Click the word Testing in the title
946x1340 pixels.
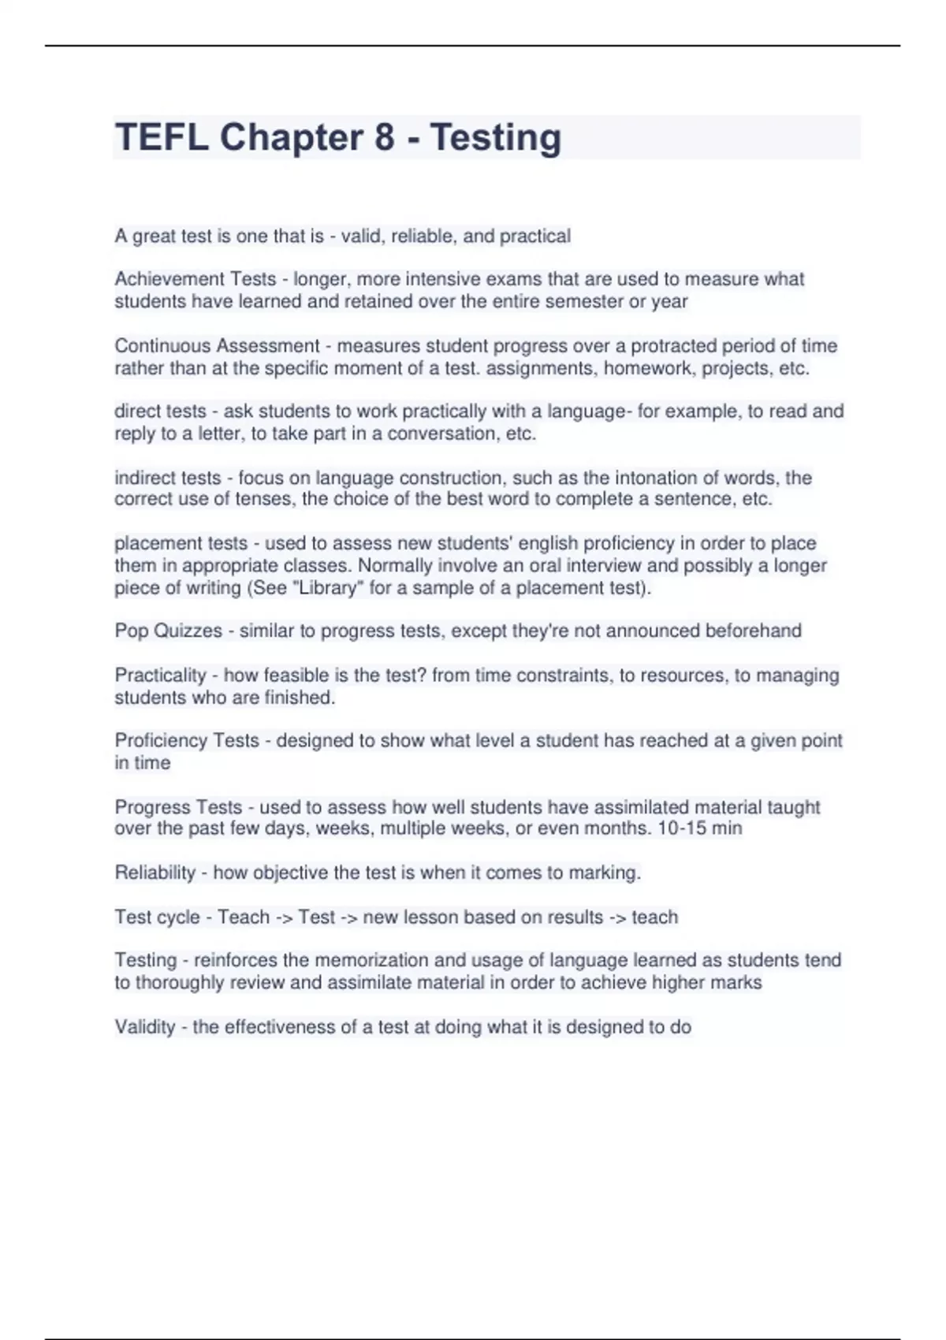pyautogui.click(x=496, y=137)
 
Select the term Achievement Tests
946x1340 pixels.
pyautogui.click(x=195, y=279)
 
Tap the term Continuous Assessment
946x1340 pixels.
pyautogui.click(x=217, y=346)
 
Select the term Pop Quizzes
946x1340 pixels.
pyautogui.click(x=169, y=631)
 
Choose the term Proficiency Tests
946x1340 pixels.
pyautogui.click(x=187, y=741)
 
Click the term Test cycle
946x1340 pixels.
pyautogui.click(x=157, y=918)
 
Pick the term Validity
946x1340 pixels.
pyautogui.click(x=145, y=1027)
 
